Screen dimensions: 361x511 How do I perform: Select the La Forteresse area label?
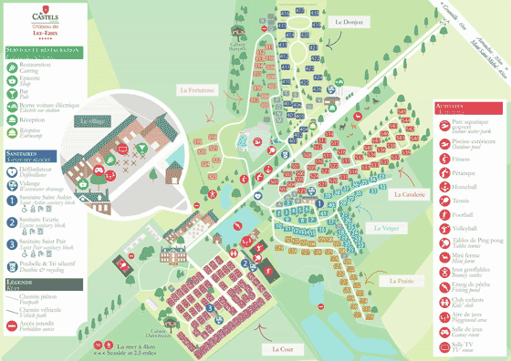pyautogui.click(x=196, y=89)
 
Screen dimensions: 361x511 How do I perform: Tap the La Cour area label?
pyautogui.click(x=283, y=348)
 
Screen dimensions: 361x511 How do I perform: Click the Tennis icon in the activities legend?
pyautogui.click(x=443, y=199)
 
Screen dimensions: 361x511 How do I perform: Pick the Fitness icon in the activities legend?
pyautogui.click(x=443, y=155)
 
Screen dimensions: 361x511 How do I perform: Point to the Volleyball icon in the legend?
pyautogui.click(x=443, y=228)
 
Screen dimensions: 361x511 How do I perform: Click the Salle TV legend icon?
pyautogui.click(x=443, y=346)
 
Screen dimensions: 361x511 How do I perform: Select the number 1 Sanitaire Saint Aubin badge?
pyautogui.click(x=13, y=201)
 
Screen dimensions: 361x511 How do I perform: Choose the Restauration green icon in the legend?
pyautogui.click(x=13, y=66)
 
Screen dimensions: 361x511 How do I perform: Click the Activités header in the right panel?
pyautogui.click(x=454, y=108)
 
